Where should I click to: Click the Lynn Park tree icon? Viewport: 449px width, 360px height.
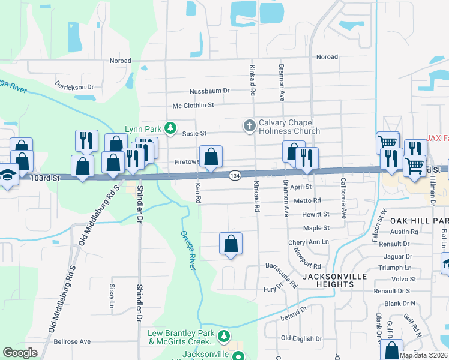click(171, 128)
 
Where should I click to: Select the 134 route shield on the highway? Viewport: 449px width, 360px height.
click(234, 175)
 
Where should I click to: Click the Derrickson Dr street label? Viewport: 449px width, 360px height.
click(74, 85)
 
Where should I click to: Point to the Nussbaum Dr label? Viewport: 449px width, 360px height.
click(209, 91)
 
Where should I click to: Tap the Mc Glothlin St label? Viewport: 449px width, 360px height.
click(193, 105)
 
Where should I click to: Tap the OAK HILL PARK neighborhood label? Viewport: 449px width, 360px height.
click(415, 221)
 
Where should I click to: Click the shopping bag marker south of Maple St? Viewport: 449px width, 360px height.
click(231, 244)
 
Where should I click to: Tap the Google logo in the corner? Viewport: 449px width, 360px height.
click(20, 353)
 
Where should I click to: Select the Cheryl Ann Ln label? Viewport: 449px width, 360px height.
click(309, 242)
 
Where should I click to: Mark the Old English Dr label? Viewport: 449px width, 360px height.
click(301, 338)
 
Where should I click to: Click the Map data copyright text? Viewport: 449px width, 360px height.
click(423, 355)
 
